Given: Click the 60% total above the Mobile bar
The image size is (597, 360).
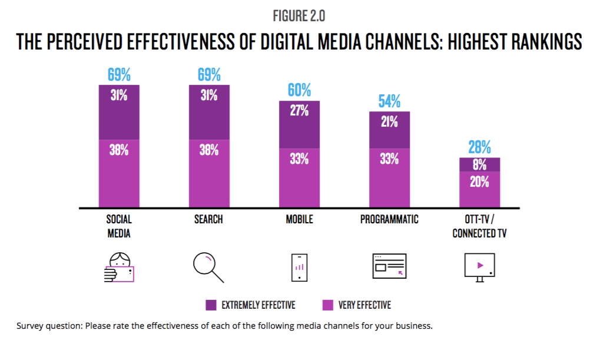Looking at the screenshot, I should point(299,90).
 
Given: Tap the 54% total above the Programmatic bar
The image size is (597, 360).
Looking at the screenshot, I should point(389,101).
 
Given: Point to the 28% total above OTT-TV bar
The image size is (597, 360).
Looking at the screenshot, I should point(479,147).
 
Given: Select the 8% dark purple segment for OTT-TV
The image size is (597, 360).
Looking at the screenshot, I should point(479,165).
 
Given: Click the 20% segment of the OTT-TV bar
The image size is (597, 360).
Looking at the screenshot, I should point(479,189).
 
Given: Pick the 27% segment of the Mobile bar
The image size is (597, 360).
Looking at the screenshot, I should point(299,124).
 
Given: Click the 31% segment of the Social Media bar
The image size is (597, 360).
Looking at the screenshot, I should point(119,112).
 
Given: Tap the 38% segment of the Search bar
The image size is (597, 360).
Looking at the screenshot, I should point(209,174).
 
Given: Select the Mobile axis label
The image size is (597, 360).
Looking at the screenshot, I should point(299,219).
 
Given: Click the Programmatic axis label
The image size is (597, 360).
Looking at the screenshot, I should point(389,219).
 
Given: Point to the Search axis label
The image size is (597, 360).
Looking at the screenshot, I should point(208,219).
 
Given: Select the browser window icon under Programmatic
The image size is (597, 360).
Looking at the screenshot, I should point(389,266).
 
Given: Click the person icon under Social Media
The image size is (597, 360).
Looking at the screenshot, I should point(119,267).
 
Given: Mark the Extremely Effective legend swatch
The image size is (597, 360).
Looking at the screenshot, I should point(211,305).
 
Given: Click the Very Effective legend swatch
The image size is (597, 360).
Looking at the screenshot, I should point(329,305).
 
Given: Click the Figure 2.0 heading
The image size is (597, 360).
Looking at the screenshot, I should point(298,16).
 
